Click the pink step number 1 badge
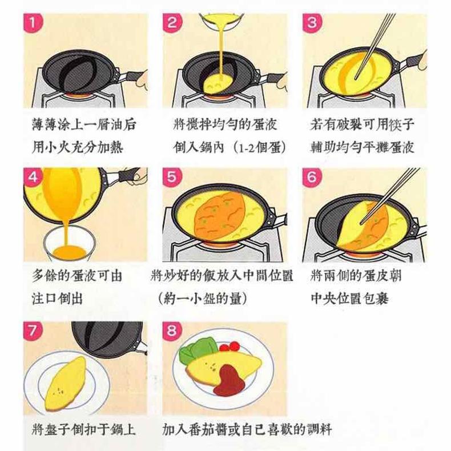33,23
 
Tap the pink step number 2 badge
172,23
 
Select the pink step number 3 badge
312,23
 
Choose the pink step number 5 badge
172,177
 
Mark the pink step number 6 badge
312,177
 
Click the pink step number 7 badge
33,331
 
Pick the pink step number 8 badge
172,331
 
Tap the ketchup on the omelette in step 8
229,380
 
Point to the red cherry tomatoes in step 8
229,347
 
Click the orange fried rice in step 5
220,216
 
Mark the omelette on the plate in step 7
66,383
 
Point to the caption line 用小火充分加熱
78,147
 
